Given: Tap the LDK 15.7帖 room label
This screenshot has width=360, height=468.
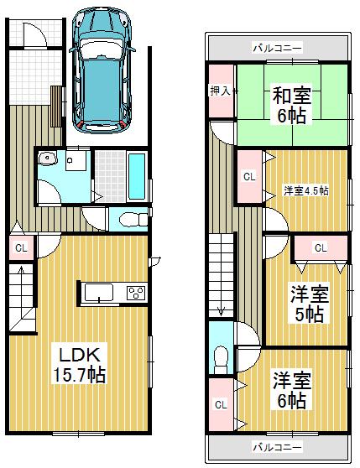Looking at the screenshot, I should point(81,362).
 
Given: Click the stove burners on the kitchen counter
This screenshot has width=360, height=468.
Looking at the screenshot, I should point(134,293).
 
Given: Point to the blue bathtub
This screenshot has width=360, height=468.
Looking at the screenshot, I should point(137,177).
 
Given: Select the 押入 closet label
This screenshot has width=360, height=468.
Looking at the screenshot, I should point(220,90).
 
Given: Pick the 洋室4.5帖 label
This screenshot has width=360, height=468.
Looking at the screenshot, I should point(305,190).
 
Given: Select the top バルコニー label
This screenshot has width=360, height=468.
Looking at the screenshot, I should point(278,48).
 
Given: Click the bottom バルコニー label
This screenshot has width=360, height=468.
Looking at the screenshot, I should point(278,445).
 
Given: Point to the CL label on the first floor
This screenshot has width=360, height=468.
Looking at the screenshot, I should point(22,247).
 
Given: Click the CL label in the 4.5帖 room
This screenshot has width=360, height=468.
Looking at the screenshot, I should point(249,177).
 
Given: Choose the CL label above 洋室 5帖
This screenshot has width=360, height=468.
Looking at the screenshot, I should point(322,247).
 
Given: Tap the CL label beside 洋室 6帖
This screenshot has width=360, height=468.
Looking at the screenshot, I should point(221,405).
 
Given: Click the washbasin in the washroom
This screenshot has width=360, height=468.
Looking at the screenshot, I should point(47,159).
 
